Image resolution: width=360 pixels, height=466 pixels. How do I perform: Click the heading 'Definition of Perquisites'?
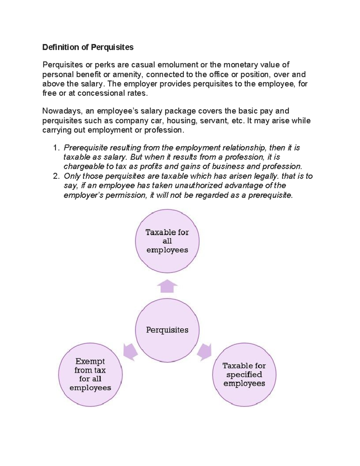88,47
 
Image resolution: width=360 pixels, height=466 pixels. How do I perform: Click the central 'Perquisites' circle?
167,330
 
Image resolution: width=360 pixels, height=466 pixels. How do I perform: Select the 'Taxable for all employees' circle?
167,241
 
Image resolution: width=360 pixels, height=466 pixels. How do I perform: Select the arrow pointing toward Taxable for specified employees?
205,351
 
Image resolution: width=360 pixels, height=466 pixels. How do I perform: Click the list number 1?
55,148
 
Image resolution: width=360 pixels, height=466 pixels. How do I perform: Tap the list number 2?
55,176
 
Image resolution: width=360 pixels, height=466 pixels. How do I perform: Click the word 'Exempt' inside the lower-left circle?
90,361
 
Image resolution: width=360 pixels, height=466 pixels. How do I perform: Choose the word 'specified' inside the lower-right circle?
244,374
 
